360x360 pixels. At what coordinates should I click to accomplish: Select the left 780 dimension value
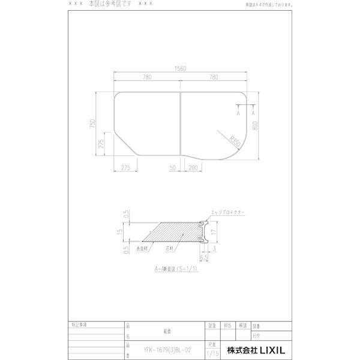click(147, 77)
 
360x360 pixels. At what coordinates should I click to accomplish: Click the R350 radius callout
click(234, 143)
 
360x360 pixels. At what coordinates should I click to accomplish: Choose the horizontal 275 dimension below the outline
click(125, 168)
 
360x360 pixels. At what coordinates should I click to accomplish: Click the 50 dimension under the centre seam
click(173, 168)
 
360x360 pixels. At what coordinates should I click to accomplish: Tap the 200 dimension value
click(193, 168)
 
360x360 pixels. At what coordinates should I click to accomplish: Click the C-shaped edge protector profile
click(201, 231)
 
